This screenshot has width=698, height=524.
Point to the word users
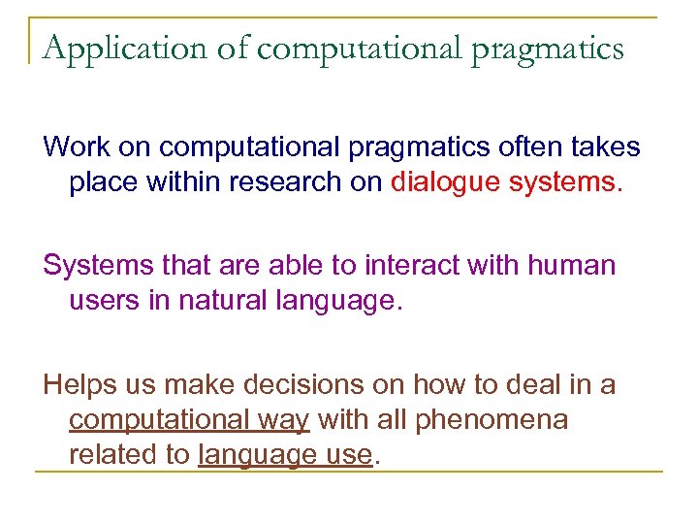pos(104,301)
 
